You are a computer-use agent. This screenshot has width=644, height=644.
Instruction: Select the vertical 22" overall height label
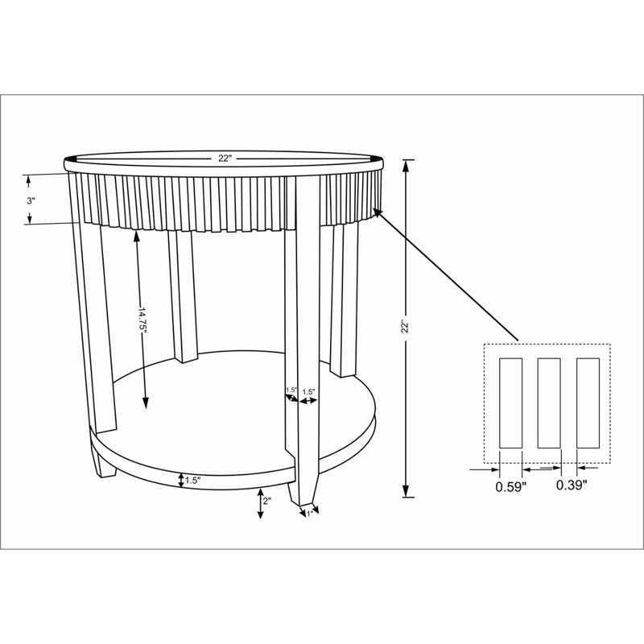tap(406, 327)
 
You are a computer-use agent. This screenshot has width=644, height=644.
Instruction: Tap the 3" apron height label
tap(31, 200)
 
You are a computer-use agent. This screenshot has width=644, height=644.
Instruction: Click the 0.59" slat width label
tap(511, 487)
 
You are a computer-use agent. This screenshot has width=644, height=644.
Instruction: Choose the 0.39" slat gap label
tap(572, 485)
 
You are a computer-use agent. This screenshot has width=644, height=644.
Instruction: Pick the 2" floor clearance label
tap(267, 501)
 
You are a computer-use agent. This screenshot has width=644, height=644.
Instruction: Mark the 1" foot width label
tap(310, 514)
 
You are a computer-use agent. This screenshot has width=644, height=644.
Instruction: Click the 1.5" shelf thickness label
tap(192, 480)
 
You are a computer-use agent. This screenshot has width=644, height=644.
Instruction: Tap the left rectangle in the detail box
tap(510, 403)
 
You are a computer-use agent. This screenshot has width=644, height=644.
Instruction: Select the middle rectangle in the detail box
tap(549, 403)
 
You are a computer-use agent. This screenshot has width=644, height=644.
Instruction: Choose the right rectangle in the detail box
tap(588, 403)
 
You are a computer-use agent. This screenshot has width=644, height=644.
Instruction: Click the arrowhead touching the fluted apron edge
tap(378, 213)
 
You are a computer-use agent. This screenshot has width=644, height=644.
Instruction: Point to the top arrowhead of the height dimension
tap(406, 166)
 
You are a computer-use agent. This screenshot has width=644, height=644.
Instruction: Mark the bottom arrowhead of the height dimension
tap(406, 491)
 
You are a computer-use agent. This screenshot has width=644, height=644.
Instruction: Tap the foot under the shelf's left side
tap(103, 462)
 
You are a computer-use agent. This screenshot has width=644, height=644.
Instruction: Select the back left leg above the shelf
tap(183, 296)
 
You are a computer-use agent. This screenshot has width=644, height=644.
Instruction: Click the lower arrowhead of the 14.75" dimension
tap(145, 402)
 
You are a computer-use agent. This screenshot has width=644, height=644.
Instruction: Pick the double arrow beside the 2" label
tap(260, 503)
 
